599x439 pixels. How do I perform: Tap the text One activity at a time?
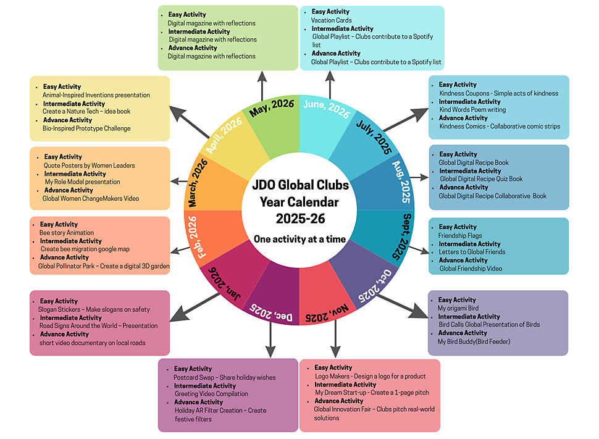[x=299, y=239]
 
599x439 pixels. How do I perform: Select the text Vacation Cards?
[x=332, y=20]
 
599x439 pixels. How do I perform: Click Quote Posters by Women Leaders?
[x=89, y=165]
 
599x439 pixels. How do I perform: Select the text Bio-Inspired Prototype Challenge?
[x=86, y=128]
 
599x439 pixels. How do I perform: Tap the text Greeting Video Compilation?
[x=211, y=394]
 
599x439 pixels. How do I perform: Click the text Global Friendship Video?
[x=471, y=269]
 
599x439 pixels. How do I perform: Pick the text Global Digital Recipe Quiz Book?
[x=481, y=179]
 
